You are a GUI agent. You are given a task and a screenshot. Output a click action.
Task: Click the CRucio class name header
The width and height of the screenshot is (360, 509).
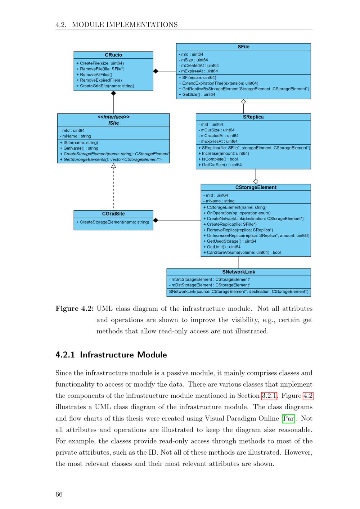(x=113, y=55)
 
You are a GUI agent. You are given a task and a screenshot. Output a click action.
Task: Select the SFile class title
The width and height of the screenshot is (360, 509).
(x=243, y=47)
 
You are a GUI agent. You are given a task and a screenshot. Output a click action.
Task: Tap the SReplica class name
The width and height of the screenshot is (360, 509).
(x=253, y=117)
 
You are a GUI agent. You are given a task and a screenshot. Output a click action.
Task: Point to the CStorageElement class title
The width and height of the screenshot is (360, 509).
(x=256, y=188)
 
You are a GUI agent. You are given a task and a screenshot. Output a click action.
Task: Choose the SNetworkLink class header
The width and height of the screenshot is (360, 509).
(x=238, y=272)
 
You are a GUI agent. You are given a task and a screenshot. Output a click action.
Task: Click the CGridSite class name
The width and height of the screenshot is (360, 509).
(x=113, y=214)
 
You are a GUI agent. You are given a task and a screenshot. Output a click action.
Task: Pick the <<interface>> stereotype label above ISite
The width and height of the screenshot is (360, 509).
(x=113, y=117)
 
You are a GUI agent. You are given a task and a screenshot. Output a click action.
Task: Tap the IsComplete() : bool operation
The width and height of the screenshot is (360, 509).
(x=220, y=159)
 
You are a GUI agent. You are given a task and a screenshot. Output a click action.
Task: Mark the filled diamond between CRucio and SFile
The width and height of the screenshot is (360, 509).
(x=156, y=71)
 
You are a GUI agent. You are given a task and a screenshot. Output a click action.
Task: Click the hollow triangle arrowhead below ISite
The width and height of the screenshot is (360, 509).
(x=113, y=166)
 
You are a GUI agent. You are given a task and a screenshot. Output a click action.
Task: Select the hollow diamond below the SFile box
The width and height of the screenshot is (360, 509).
(x=243, y=102)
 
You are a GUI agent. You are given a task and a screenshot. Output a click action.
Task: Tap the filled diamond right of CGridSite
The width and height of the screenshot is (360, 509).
(x=156, y=220)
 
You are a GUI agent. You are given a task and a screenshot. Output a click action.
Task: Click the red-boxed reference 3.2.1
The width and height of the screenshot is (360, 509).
(x=269, y=396)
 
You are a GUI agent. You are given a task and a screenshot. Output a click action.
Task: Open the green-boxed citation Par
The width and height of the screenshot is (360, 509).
(x=288, y=419)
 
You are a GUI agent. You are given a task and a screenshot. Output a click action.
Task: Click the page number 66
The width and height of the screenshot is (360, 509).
(x=59, y=494)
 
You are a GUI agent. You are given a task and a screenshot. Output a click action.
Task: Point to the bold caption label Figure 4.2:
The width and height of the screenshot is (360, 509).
(x=75, y=309)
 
